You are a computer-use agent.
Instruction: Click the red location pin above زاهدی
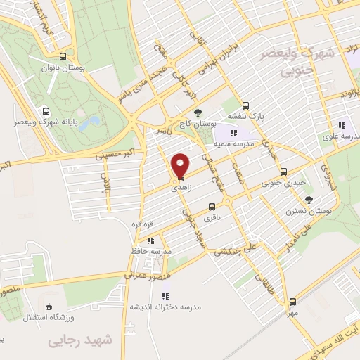[181, 167]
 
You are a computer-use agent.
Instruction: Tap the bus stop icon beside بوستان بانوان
[64, 57]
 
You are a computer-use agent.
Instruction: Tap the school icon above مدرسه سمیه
[234, 133]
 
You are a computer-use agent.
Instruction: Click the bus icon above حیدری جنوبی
[283, 172]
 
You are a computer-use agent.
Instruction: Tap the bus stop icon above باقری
[212, 207]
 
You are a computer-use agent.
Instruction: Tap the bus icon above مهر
[292, 302]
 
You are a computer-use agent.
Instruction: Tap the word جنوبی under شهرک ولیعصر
[295, 71]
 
